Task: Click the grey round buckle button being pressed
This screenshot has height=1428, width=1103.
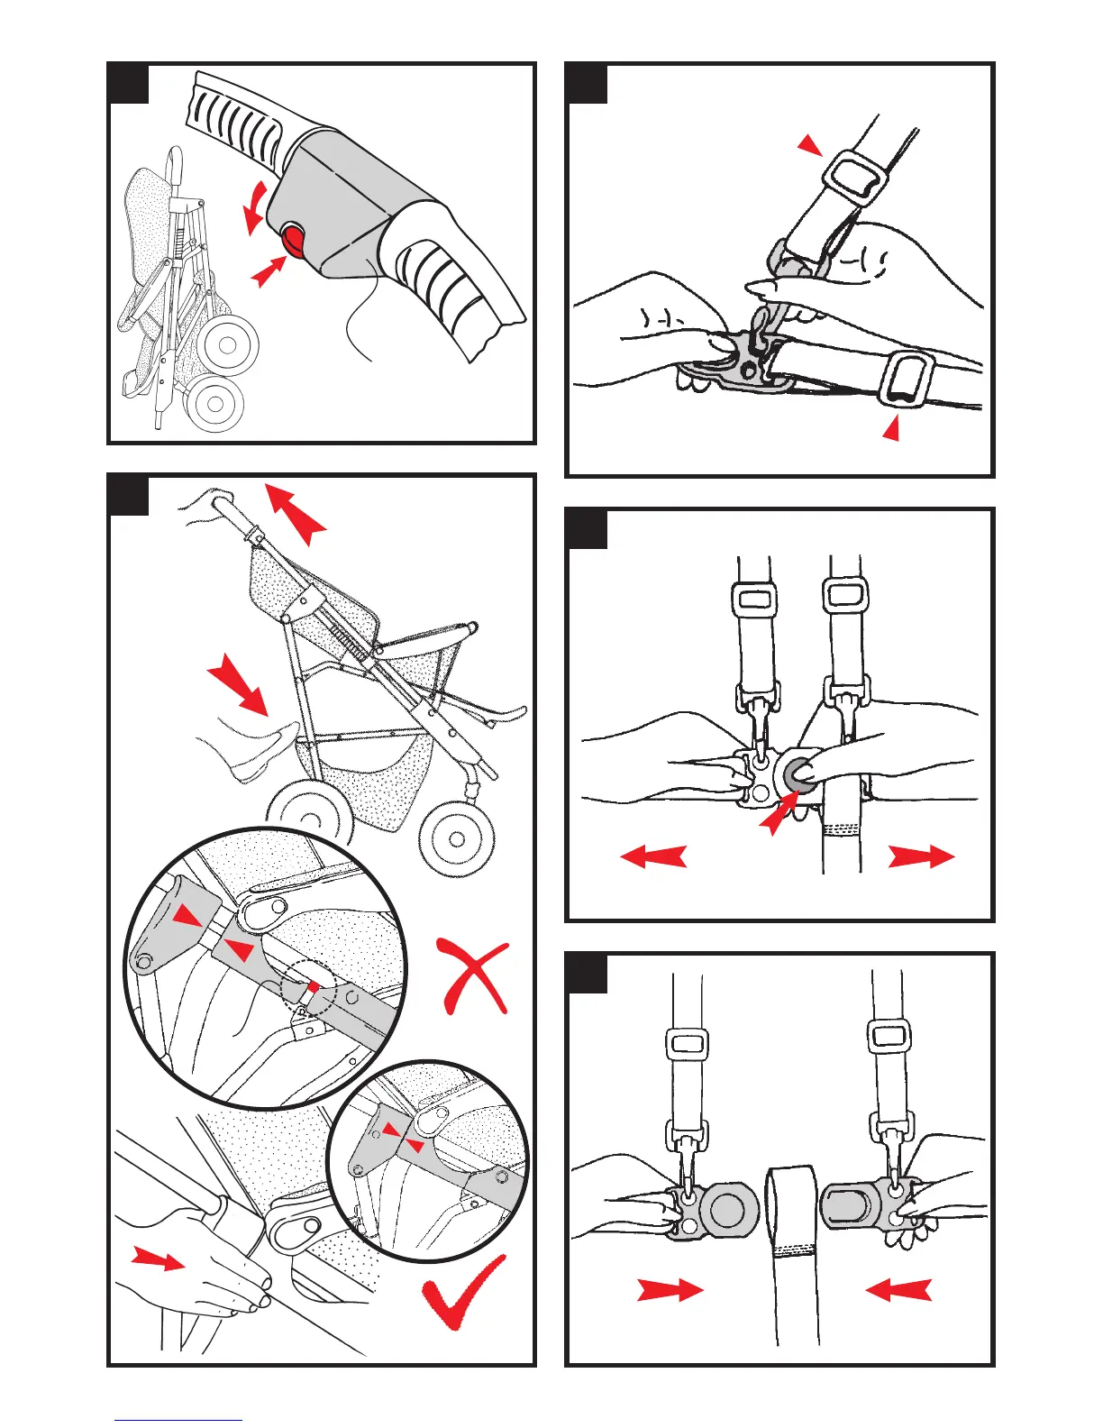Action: coord(797,773)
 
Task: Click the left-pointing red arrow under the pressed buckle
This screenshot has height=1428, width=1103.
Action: coord(654,856)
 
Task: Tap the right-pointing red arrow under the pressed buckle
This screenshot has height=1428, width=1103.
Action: coord(920,856)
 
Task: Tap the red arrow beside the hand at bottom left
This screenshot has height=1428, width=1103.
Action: coord(158,1259)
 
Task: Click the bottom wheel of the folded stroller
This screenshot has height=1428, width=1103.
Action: coord(216,403)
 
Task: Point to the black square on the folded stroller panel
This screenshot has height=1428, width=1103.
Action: coord(128,84)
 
